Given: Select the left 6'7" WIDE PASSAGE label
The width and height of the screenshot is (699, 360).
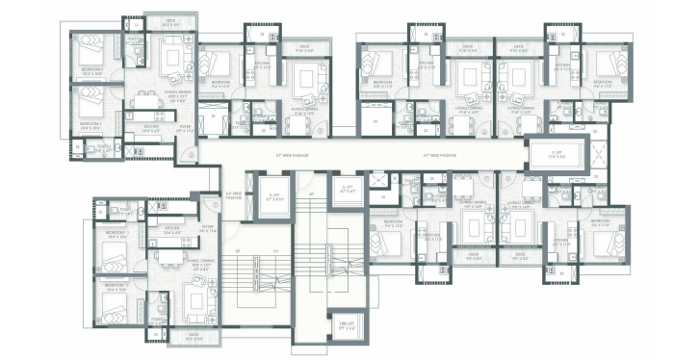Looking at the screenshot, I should coord(292,154).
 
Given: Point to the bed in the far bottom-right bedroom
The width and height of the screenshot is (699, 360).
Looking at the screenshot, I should coord(606,242).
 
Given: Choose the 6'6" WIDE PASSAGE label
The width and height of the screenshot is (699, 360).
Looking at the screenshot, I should coord(231,194).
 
